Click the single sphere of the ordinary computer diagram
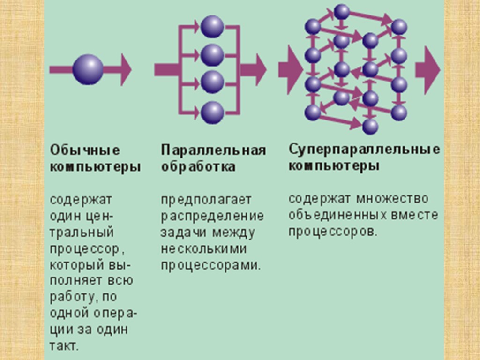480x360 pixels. (x=88, y=69)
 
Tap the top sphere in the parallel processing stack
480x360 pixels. (x=212, y=27)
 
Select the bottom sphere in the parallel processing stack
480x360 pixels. (x=212, y=112)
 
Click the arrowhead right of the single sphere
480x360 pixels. (x=125, y=69)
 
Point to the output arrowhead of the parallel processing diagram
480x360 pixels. (x=259, y=69)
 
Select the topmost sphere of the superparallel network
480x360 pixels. (x=342, y=12)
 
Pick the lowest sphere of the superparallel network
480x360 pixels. (x=370, y=127)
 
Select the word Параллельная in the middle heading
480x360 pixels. (x=214, y=150)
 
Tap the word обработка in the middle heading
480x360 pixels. (x=198, y=167)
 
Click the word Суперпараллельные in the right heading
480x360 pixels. (x=364, y=150)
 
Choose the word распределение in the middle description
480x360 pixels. (x=212, y=216)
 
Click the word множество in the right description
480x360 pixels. (x=392, y=198)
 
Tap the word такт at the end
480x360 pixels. (x=63, y=346)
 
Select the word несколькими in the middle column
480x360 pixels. (x=203, y=248)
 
